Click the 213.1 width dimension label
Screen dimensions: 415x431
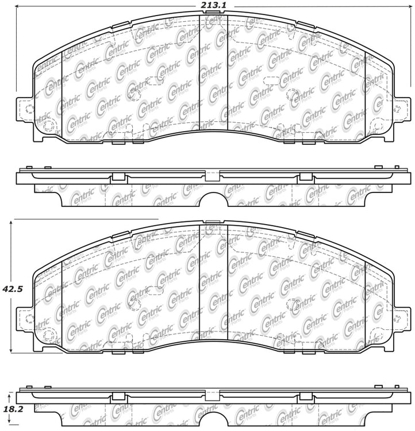click(x=212, y=5)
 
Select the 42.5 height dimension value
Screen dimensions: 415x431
click(x=13, y=289)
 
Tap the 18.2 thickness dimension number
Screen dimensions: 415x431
click(x=13, y=409)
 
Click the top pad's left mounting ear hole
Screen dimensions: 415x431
click(x=29, y=109)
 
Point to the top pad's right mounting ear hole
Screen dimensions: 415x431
click(x=397, y=109)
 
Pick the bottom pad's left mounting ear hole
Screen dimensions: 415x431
click(x=29, y=319)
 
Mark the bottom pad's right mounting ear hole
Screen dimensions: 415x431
click(x=397, y=319)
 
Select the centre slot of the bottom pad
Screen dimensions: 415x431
click(x=213, y=282)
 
